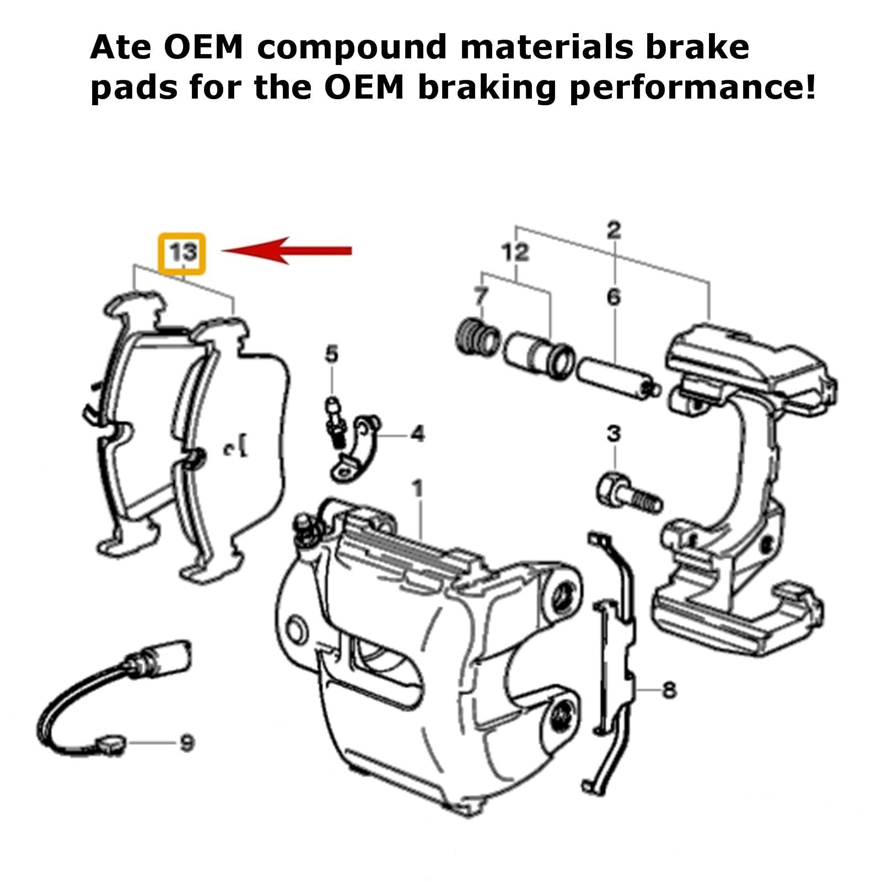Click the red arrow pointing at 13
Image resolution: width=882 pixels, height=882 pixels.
(x=287, y=251)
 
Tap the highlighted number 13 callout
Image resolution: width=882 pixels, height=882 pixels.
(x=182, y=253)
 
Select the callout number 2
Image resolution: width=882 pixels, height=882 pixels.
(x=614, y=230)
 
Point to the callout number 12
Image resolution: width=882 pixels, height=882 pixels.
(x=515, y=252)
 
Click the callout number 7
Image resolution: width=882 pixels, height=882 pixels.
(x=481, y=297)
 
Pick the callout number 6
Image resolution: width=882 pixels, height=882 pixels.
(x=614, y=297)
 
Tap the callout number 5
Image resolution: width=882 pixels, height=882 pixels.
(x=331, y=354)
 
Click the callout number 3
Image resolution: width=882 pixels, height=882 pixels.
(x=614, y=434)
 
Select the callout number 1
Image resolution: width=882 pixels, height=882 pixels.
(x=417, y=488)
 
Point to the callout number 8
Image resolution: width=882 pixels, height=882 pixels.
(x=669, y=690)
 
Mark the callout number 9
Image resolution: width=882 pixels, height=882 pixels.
(x=187, y=743)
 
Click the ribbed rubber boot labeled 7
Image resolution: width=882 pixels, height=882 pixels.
(x=477, y=336)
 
